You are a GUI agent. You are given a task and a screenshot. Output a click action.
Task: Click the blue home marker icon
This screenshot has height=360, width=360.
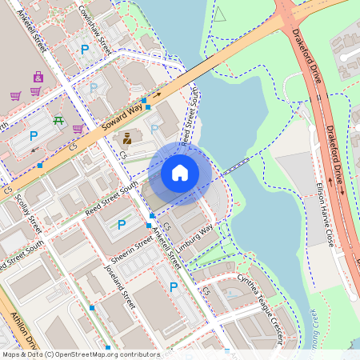(180, 172)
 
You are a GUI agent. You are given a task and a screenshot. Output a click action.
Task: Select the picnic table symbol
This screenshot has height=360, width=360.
(59, 120)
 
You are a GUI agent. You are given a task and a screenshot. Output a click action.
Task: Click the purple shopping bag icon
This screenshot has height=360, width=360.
(38, 77)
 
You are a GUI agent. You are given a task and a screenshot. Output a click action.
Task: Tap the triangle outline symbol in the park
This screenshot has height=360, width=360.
(220, 14)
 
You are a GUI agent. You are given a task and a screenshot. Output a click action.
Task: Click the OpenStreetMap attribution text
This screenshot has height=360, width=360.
(80, 354)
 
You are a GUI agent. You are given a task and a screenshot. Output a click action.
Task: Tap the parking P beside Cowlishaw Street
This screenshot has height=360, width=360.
(85, 50)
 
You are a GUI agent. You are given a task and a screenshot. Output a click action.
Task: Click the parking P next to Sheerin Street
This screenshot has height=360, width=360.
(122, 225)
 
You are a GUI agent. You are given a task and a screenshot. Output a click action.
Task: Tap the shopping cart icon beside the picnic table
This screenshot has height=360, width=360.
(78, 128)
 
